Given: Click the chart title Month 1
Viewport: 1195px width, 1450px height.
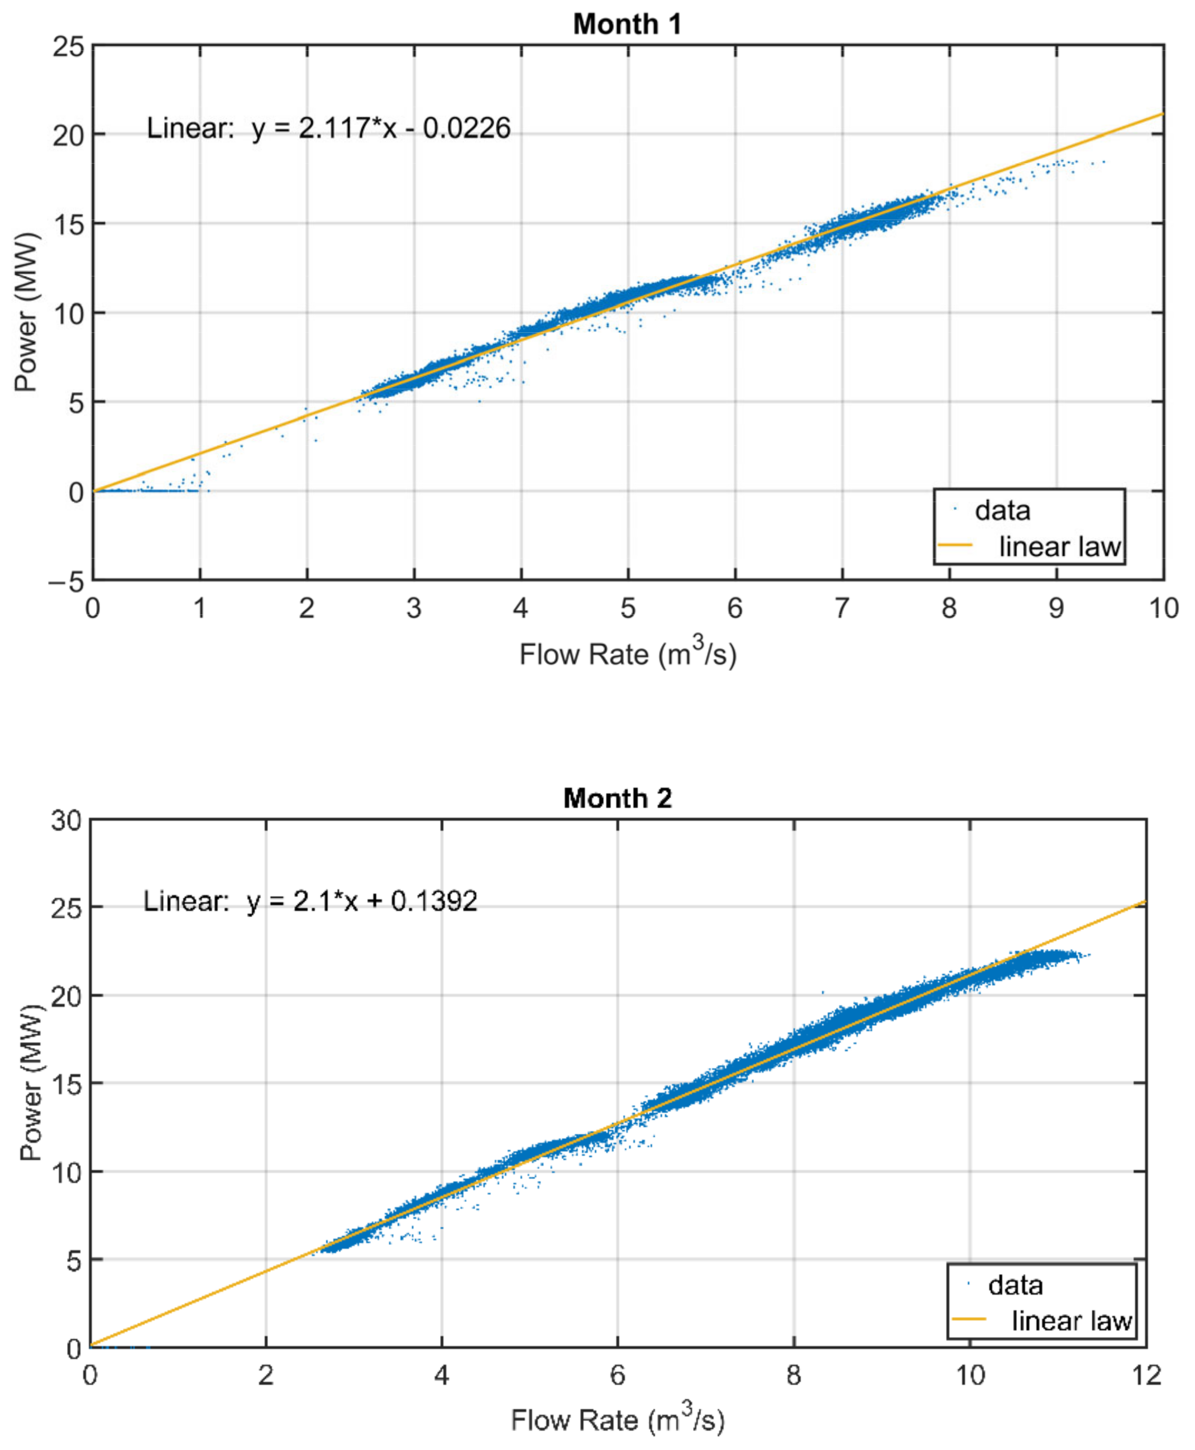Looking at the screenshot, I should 627,24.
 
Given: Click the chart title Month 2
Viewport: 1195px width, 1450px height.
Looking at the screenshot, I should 617,798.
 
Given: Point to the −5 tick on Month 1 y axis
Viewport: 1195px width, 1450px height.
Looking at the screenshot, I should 66,582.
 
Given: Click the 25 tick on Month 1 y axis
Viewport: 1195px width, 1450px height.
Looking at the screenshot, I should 68,47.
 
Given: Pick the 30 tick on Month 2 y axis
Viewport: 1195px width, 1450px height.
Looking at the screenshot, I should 66,821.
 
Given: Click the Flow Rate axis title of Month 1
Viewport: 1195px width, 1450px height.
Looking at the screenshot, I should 627,654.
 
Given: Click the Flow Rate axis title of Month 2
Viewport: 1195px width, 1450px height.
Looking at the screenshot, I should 617,1420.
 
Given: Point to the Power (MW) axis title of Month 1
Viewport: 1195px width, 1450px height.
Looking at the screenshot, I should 26,313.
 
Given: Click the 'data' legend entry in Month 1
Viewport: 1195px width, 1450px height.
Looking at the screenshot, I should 1002,511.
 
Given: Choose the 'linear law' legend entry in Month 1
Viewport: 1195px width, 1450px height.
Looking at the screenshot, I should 1059,547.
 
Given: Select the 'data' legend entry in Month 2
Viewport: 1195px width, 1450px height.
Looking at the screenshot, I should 1015,1285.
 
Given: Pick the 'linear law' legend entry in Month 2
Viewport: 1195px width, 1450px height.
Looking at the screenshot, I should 1071,1321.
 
